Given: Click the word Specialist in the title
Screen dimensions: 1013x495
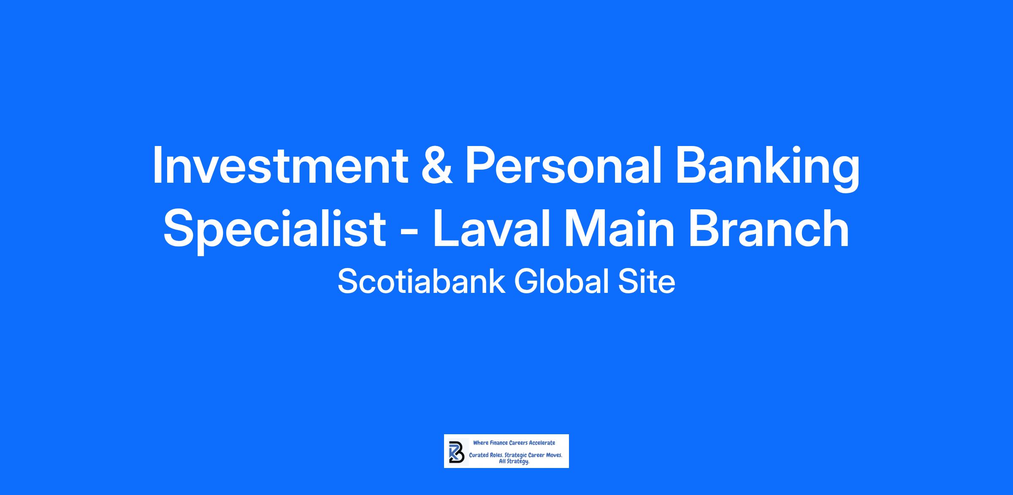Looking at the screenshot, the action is pos(275,230).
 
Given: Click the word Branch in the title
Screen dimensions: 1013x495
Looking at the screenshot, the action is pos(769,228).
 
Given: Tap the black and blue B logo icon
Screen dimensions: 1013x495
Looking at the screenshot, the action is pos(456,452).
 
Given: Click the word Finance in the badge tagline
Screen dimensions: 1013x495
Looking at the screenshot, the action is pos(498,443).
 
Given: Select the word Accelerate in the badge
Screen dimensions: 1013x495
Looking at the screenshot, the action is pos(542,443).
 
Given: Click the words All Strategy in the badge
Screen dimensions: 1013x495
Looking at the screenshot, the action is pos(514,462).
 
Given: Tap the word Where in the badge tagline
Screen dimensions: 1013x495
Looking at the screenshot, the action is pos(481,443).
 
